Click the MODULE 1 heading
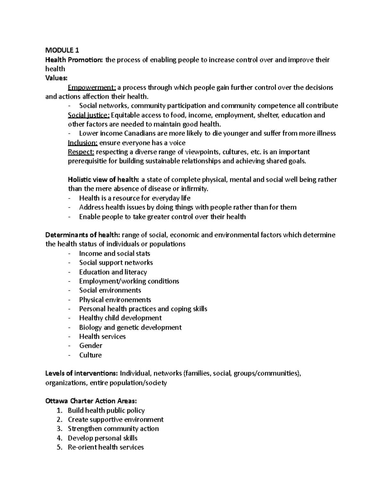[x=62, y=50]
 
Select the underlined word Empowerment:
[x=92, y=87]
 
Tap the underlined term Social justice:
[x=89, y=115]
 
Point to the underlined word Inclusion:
[x=83, y=143]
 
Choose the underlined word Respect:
[x=81, y=152]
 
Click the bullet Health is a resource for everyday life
[x=135, y=198]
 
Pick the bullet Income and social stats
[x=115, y=254]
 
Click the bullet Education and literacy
[x=113, y=272]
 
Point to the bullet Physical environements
[x=115, y=300]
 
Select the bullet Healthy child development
[x=120, y=318]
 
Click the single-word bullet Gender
[x=90, y=346]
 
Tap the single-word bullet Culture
[x=90, y=355]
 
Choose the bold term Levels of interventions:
[x=81, y=373]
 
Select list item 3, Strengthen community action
[x=113, y=429]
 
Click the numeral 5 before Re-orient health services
[x=59, y=447]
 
